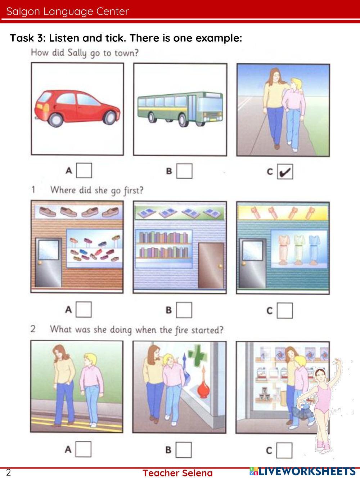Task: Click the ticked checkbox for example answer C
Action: tap(285, 172)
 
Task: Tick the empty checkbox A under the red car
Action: tap(84, 171)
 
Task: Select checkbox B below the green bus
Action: tap(184, 171)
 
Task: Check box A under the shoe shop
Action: tap(84, 309)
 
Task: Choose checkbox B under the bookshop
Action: tap(184, 310)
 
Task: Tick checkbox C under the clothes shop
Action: tap(285, 310)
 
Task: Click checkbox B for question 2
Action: tap(183, 450)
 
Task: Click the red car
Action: tap(77, 108)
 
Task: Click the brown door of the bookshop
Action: tap(211, 265)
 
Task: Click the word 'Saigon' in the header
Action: tap(23, 12)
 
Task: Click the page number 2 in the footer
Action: tap(8, 472)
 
